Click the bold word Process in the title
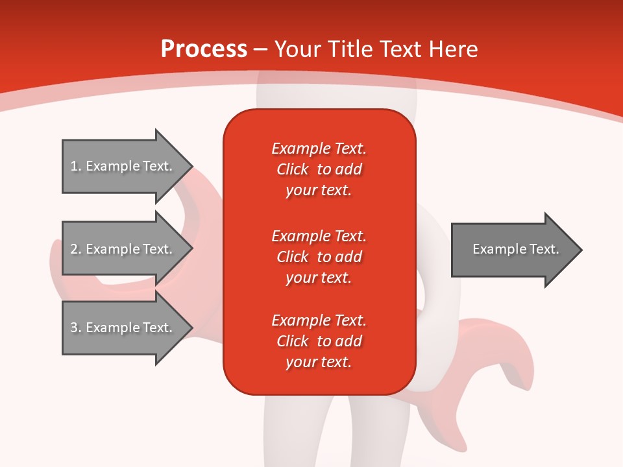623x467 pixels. point(204,49)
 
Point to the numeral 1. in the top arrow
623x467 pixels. point(75,166)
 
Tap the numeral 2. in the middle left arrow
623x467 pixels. point(75,249)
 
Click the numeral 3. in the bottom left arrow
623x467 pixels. point(75,328)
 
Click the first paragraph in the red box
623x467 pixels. point(319,169)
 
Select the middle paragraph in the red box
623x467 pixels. point(319,256)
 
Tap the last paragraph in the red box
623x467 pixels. point(319,341)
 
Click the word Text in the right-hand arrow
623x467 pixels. point(544,249)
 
